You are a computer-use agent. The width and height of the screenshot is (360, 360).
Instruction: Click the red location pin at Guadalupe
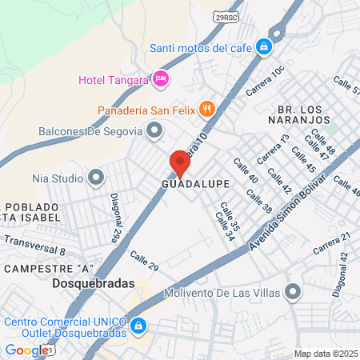pos(180,163)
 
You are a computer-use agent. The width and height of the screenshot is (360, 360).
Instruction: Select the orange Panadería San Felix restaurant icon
pos(206,108)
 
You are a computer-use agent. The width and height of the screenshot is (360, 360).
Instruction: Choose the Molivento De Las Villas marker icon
pos(293,292)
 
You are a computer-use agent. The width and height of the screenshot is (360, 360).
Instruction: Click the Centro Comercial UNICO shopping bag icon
pos(138,326)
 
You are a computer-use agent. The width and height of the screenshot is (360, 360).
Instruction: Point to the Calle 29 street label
pos(145,261)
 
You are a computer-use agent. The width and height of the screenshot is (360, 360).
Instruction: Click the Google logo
pos(27,350)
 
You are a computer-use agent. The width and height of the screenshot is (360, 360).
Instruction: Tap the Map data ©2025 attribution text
pos(325,353)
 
